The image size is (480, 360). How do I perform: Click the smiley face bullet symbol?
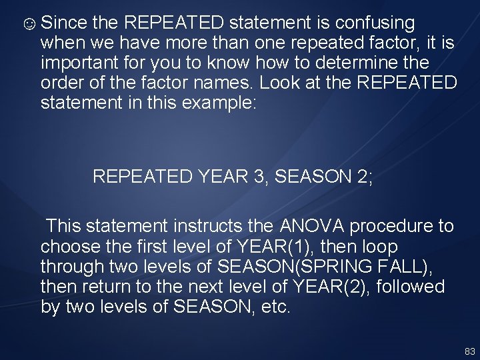click(29, 25)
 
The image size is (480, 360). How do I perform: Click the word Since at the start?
click(64, 23)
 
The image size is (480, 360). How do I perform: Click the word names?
click(223, 84)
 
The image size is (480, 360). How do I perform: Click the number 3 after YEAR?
click(258, 177)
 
